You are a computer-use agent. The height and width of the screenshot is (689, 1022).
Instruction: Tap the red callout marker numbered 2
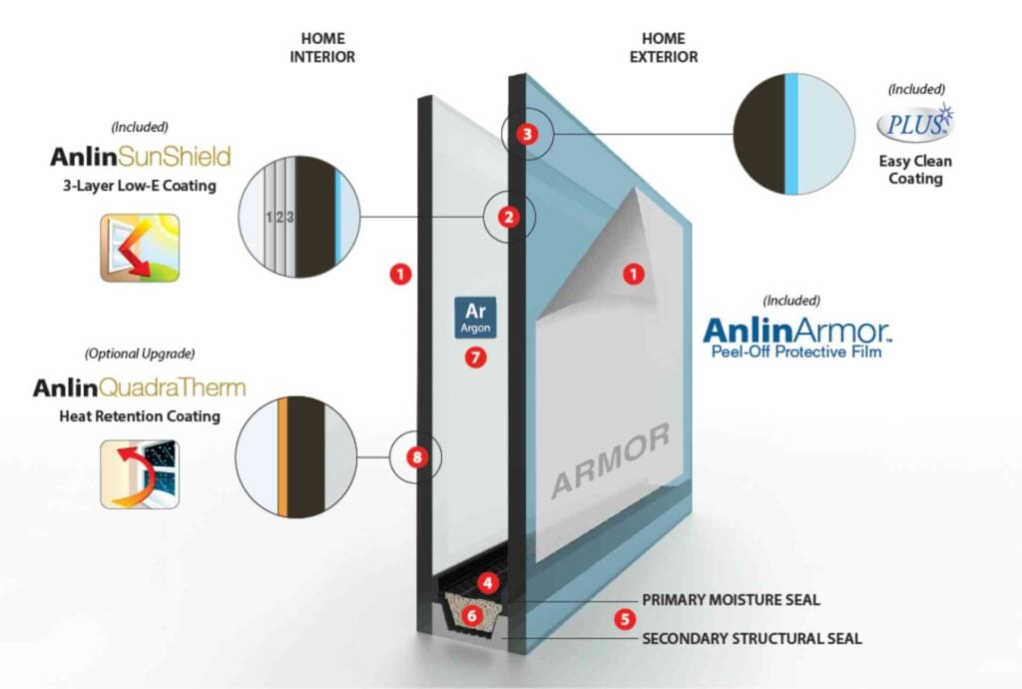click(510, 216)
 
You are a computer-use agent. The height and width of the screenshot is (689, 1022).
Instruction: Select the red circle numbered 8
click(416, 457)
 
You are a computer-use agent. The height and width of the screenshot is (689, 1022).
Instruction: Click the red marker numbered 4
click(487, 581)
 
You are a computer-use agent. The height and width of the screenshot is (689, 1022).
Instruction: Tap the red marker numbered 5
click(625, 619)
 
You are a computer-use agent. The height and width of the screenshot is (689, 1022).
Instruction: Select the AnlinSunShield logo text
click(141, 157)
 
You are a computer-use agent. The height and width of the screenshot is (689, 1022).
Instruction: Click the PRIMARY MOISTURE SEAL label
click(731, 600)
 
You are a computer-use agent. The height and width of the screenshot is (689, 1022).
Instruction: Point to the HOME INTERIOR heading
click(322, 48)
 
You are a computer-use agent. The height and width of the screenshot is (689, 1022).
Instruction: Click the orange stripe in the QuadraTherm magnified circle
click(283, 457)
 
